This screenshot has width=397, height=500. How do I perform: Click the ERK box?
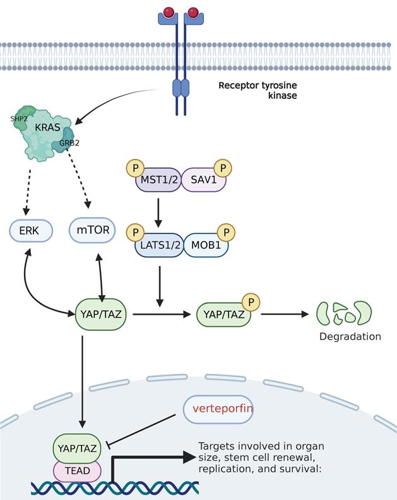[x=29, y=231]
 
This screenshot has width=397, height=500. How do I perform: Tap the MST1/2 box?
[x=158, y=180]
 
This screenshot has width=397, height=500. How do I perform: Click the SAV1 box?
[x=203, y=180]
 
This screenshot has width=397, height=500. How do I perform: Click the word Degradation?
[x=350, y=337]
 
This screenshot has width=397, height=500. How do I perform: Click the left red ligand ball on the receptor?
[x=169, y=12]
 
